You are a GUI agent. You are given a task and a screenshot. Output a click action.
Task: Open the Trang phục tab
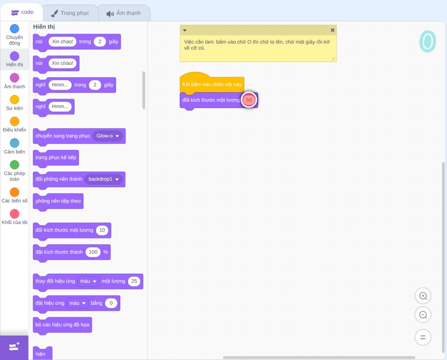[70, 13]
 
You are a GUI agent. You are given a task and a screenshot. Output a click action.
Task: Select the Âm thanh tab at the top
[124, 13]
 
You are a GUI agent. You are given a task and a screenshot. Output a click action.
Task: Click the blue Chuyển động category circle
[15, 29]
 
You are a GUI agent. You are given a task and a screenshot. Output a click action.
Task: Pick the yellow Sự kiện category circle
[15, 100]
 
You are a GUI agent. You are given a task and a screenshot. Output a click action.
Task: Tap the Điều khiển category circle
[15, 121]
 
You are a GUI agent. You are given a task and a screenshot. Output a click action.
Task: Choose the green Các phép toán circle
[15, 165]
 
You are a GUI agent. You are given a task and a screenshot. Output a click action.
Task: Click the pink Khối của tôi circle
[15, 213]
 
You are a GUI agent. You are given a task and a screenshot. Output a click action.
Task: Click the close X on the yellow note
[333, 30]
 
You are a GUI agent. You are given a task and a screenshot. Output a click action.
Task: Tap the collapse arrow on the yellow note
[185, 30]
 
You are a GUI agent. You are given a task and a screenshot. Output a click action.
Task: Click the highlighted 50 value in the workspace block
[249, 100]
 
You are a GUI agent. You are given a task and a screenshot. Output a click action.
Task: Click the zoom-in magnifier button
[423, 296]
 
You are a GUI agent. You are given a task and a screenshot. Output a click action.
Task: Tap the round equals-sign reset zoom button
[423, 337]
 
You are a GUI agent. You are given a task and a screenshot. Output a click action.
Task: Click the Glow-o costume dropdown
[108, 136]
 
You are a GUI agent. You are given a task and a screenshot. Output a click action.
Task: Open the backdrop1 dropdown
[104, 179]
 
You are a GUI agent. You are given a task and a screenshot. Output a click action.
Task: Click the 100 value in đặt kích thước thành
[93, 252]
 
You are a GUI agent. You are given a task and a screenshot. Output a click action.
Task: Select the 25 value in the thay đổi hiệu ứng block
[134, 281]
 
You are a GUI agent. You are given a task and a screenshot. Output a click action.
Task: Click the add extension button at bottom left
[14, 347]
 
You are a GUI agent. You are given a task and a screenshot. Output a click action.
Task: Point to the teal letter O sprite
[428, 42]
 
